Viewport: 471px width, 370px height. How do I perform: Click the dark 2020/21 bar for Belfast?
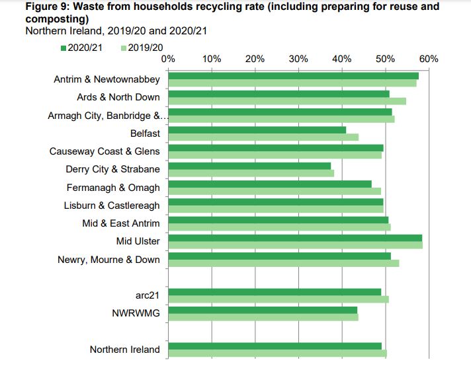point(257,129)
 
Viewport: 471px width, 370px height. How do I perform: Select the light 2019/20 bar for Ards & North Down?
point(287,101)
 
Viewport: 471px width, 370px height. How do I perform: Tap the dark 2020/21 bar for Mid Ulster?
point(295,238)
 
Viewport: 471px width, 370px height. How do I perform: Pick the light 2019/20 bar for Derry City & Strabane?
point(251,174)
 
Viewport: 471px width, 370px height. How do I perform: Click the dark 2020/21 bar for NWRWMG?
point(263,310)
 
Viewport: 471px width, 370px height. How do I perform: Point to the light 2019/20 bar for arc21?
point(278,299)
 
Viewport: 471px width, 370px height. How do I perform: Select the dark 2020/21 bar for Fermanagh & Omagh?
point(270,184)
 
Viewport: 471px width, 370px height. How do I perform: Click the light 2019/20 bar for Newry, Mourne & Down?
point(284,263)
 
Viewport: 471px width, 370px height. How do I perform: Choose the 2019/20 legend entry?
point(142,48)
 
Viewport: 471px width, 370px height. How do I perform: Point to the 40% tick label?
point(342,59)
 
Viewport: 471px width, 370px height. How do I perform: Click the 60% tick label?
point(429,59)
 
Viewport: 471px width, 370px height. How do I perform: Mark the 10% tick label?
point(212,59)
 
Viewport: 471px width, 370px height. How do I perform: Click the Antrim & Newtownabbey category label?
point(107,79)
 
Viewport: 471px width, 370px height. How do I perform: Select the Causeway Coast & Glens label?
point(105,151)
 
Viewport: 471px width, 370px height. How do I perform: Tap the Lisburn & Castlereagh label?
point(112,205)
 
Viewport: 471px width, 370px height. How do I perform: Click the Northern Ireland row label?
point(125,350)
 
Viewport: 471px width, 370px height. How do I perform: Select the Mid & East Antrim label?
point(121,223)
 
